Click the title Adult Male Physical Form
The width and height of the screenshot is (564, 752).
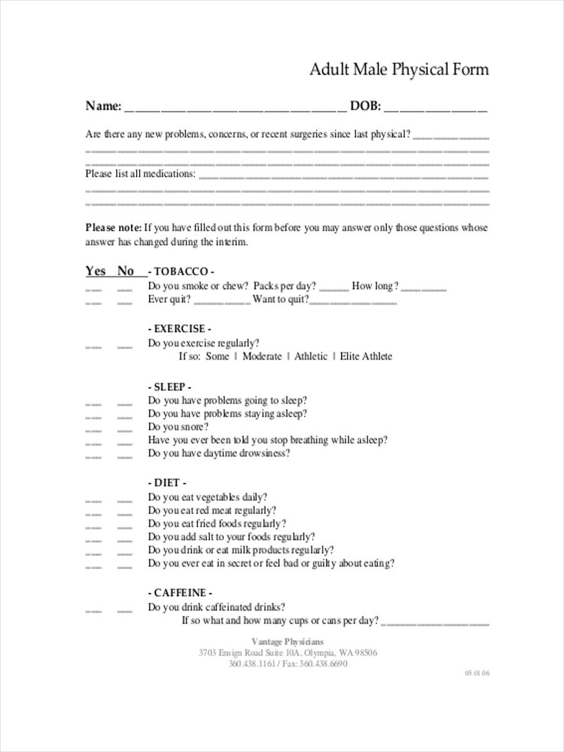(399, 69)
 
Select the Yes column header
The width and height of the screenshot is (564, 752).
(96, 271)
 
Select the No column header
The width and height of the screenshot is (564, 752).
(126, 271)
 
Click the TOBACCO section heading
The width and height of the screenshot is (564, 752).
(181, 272)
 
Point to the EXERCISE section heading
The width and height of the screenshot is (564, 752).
(179, 328)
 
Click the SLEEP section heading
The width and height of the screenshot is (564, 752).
(169, 387)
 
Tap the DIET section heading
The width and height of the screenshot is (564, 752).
(167, 483)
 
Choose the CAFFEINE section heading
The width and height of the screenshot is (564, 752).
(180, 592)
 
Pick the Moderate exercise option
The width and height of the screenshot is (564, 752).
(262, 357)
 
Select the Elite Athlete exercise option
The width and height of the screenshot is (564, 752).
(366, 357)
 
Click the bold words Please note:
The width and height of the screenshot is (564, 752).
(113, 227)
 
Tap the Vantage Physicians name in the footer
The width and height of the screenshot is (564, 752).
(288, 641)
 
